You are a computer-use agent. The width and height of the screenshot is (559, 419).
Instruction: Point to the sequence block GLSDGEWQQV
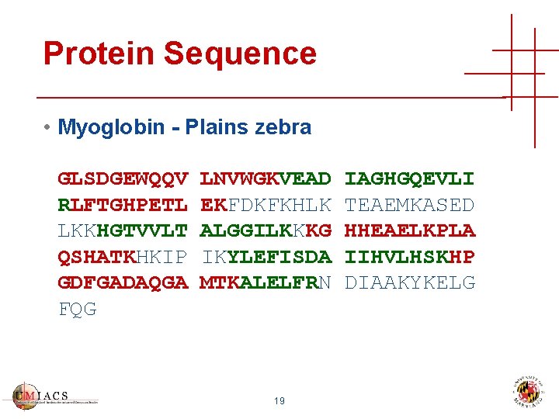123,179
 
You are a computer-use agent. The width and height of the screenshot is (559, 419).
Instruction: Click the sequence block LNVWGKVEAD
266,179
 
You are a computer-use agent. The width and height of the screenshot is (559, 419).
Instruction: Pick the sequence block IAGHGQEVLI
409,179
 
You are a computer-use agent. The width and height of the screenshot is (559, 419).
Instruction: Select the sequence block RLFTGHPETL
123,205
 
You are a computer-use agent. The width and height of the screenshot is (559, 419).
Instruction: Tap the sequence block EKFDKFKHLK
266,205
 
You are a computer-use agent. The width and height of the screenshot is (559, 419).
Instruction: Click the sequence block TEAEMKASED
409,205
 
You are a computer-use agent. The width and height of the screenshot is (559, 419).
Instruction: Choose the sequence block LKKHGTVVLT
123,230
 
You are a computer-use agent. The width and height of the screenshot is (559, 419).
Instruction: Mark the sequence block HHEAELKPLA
409,230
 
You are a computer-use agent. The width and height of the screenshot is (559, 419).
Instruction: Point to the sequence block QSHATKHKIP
123,257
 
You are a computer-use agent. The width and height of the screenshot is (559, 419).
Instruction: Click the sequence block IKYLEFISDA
266,257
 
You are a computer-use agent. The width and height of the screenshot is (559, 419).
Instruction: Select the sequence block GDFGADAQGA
123,282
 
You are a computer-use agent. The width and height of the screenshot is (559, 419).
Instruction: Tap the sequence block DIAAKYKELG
409,282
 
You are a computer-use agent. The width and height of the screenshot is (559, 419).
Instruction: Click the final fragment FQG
78,309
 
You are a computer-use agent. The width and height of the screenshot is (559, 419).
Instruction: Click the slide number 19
279,401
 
